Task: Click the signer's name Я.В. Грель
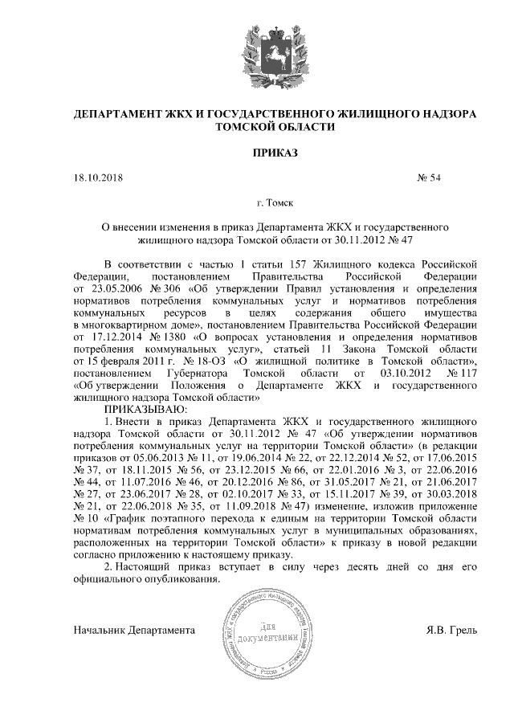click(451, 631)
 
